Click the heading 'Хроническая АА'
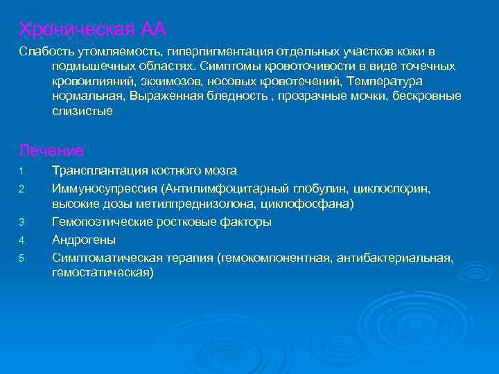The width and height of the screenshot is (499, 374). point(93,29)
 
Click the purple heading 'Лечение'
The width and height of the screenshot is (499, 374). point(52,150)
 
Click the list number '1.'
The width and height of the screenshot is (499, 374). point(22,171)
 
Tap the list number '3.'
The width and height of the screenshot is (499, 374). point(22,222)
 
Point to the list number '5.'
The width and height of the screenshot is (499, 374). point(22,259)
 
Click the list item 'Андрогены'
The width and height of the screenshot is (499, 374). point(84,240)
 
